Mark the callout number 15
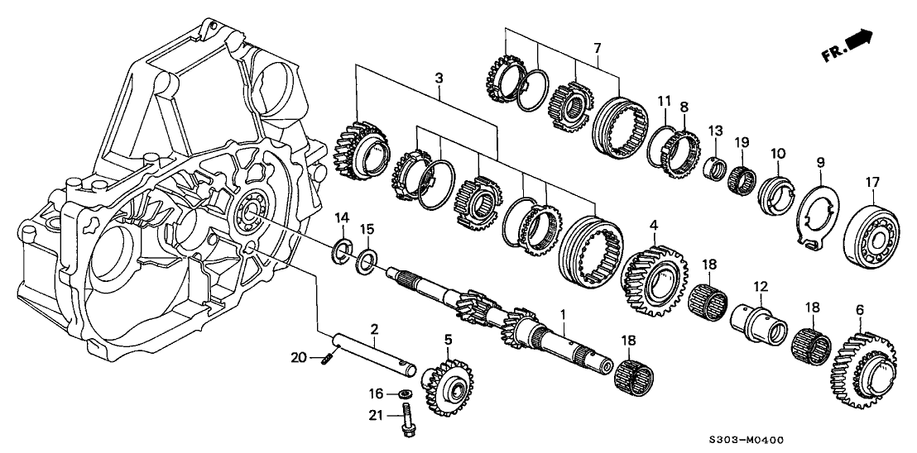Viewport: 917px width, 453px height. point(368,229)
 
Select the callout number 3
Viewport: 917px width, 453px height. point(438,77)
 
